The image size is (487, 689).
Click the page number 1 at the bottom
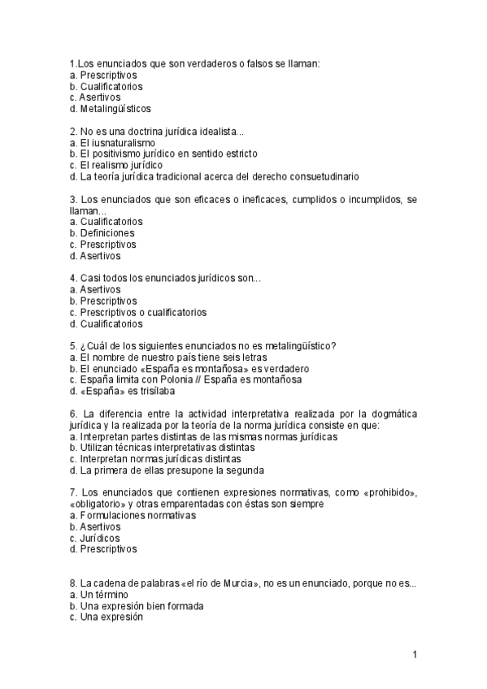coord(415,655)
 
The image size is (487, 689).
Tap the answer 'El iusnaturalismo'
coord(118,142)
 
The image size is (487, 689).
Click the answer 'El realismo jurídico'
coord(122,165)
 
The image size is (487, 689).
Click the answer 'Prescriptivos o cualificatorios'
coord(143,312)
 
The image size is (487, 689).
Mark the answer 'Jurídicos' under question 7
coord(100,538)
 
